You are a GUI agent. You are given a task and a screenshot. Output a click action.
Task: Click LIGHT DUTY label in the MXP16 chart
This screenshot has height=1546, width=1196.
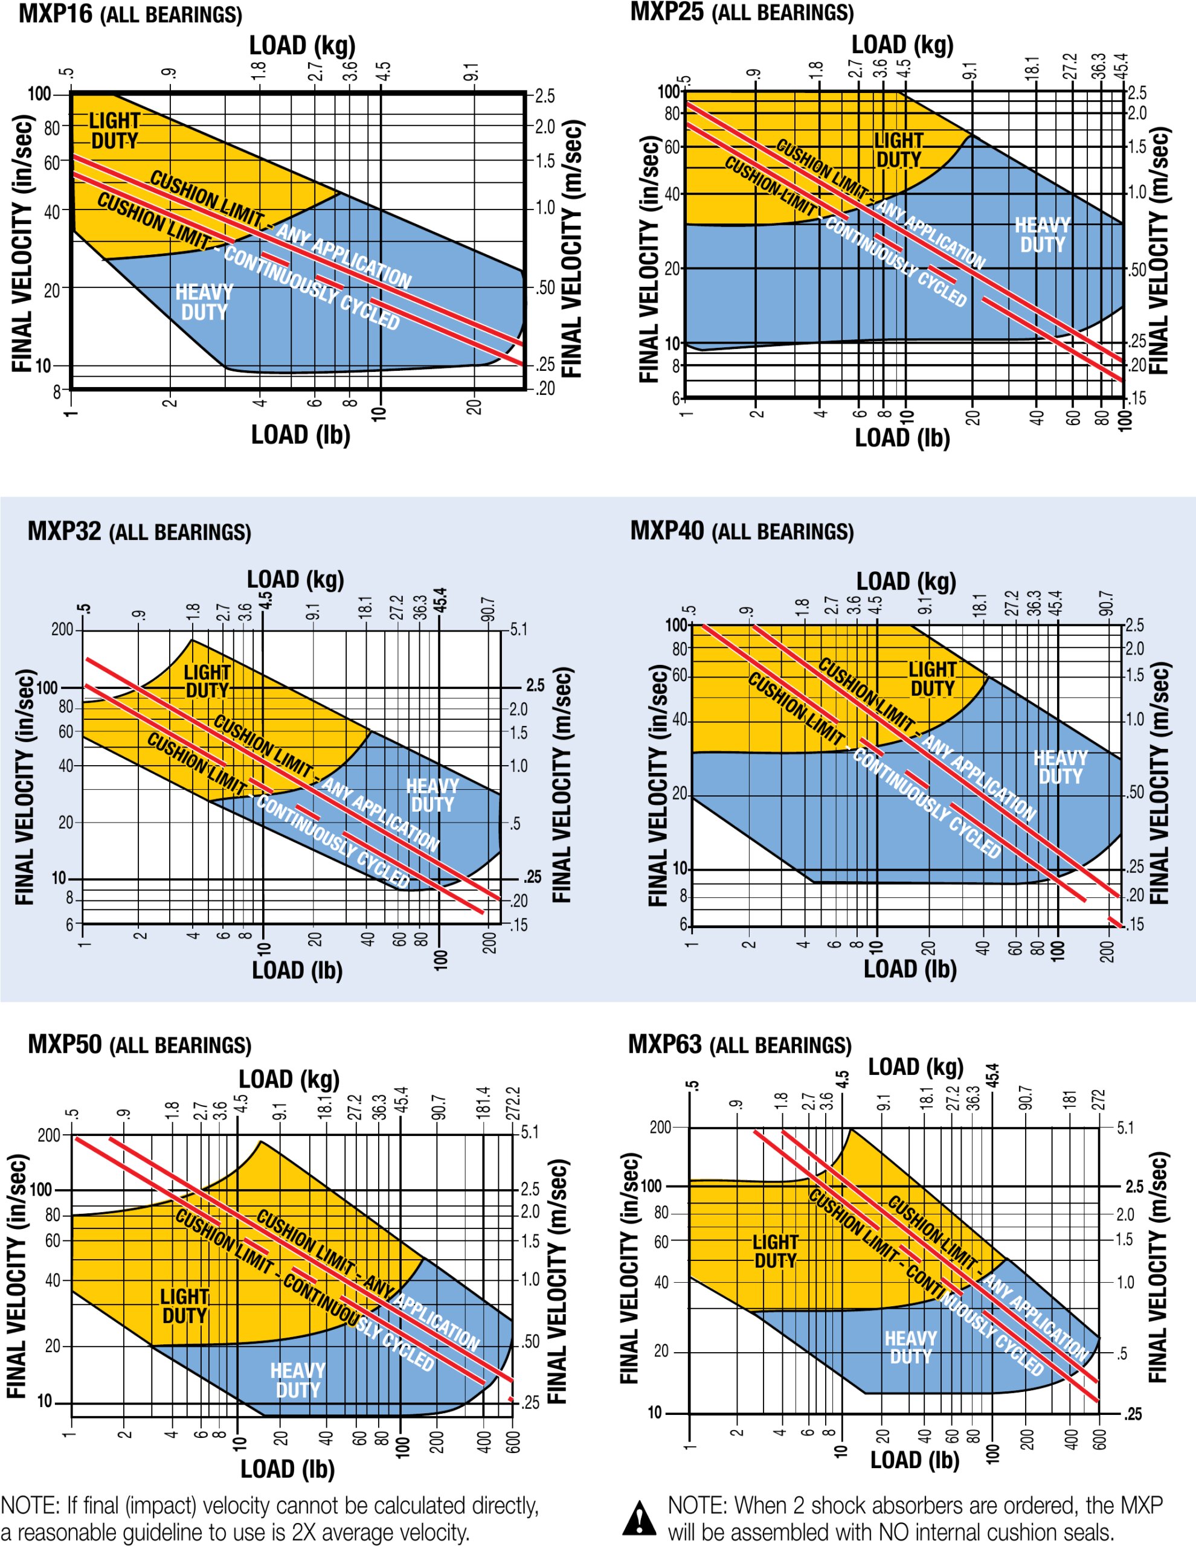(x=115, y=131)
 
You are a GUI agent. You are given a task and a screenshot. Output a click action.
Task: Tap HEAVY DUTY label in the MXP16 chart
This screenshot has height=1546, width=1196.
(x=204, y=303)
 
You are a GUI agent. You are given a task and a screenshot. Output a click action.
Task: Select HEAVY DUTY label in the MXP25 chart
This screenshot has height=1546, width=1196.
(x=1043, y=235)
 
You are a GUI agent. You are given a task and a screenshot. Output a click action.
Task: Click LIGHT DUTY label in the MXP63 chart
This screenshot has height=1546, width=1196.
(x=776, y=1251)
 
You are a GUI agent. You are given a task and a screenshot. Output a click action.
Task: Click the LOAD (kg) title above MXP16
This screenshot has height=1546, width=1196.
(x=301, y=46)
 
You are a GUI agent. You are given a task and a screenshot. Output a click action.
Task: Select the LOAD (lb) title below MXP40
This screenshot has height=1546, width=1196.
(x=910, y=969)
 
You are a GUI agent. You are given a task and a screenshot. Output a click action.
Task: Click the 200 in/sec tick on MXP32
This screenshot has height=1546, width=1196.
(x=62, y=629)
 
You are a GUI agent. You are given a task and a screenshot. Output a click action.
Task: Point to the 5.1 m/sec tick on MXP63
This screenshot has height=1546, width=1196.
(x=1125, y=1127)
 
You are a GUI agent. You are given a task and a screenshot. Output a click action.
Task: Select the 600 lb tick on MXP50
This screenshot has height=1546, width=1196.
(x=513, y=1440)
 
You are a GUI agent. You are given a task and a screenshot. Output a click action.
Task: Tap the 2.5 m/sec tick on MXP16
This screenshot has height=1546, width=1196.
(x=544, y=95)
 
